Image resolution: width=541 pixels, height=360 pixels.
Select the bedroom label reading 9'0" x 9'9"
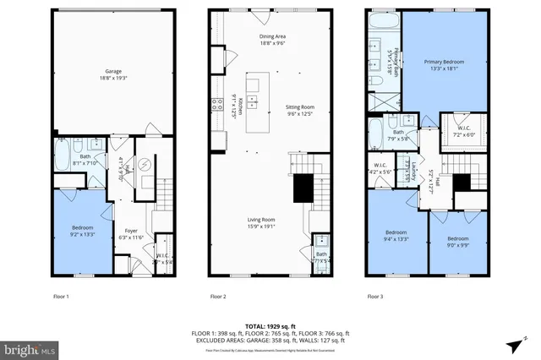[x=458, y=241]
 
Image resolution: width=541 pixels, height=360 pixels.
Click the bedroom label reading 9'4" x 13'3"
[x=396, y=235]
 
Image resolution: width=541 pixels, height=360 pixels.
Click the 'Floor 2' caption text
[x=219, y=297]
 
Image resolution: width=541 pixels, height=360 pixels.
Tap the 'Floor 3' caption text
[x=376, y=297]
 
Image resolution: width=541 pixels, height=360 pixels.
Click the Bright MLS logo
[x=30, y=347]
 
